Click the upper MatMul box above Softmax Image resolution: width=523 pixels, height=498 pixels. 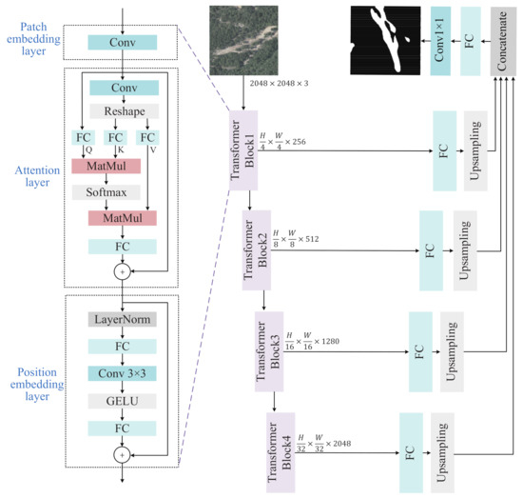[x=106, y=166]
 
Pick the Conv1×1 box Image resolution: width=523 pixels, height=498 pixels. [x=440, y=38]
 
